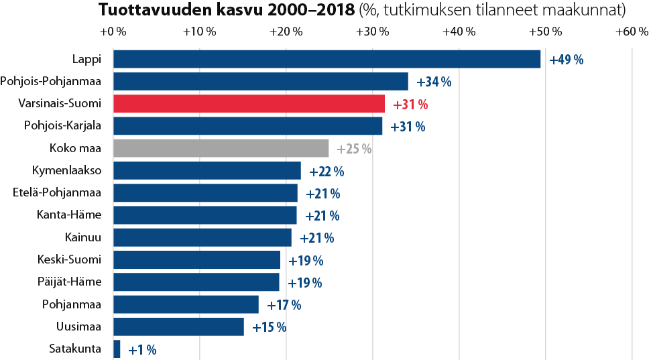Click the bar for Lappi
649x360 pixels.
tap(327, 59)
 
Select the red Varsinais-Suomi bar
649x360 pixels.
tap(249, 104)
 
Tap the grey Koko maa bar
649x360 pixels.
tap(221, 148)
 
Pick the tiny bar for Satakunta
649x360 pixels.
tap(117, 349)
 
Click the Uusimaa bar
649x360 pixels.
tap(178, 326)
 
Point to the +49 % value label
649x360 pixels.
tap(566, 60)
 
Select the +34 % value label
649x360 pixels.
tap(434, 82)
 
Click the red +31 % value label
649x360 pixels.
tap(410, 105)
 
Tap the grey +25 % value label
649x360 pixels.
tap(354, 149)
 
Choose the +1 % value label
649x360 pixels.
tap(142, 349)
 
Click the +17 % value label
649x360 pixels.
tap(284, 305)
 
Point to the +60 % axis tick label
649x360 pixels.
tap(632, 32)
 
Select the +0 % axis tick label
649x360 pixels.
tap(113, 32)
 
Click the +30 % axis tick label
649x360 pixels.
tap(373, 32)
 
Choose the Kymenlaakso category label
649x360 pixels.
tap(66, 171)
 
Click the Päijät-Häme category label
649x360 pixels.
tap(70, 282)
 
